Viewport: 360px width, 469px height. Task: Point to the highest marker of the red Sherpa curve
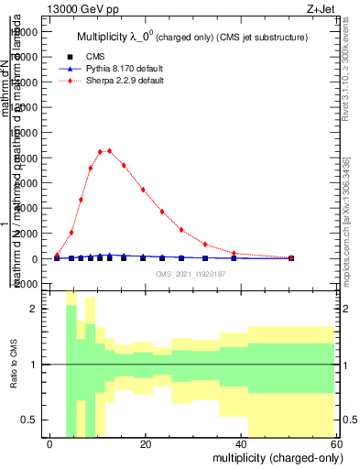coord(110,150)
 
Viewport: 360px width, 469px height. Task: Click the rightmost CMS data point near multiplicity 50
coord(291,258)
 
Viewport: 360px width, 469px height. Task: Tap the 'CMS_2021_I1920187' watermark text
coord(191,274)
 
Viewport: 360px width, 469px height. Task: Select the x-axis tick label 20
coord(146,443)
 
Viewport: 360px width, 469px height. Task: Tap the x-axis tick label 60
coord(335,443)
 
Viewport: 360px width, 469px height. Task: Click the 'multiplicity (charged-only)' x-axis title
coord(275,456)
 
